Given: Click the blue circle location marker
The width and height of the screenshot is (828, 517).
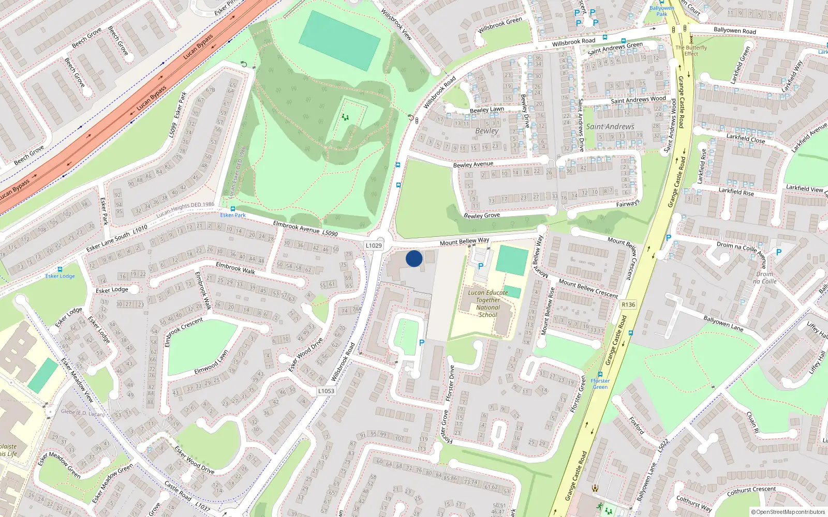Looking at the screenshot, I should click(414, 258).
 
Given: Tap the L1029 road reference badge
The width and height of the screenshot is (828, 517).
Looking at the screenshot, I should click(374, 246).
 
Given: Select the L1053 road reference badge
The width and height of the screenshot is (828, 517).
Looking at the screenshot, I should click(326, 391).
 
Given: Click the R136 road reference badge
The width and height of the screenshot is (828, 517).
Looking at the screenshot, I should click(628, 305).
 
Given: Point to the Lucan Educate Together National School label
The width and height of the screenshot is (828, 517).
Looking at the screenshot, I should click(488, 303).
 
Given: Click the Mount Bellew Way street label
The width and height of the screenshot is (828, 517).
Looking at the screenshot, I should click(464, 241).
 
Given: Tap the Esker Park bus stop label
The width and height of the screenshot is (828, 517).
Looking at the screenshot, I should click(233, 215).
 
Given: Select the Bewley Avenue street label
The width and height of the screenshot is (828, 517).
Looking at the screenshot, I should click(473, 164).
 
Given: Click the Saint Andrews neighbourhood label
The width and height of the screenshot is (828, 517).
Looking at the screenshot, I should click(610, 127).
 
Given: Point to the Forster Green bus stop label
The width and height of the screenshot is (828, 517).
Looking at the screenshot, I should click(600, 384).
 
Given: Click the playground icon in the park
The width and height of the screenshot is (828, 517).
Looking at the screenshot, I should click(345, 117).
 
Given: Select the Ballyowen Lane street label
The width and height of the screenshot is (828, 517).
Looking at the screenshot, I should click(723, 323).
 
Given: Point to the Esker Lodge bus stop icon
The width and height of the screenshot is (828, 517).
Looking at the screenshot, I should click(60, 269).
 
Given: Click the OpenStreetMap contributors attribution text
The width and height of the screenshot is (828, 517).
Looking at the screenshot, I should click(788, 512).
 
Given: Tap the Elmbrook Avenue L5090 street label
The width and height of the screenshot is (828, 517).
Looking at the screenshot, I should click(305, 229).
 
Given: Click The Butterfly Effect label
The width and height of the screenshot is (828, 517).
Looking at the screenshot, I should click(691, 51).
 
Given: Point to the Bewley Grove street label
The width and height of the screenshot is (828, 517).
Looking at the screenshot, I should click(482, 215).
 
